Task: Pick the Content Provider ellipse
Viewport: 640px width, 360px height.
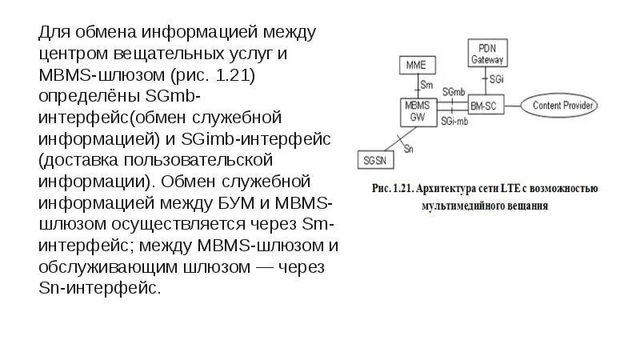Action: tap(560, 105)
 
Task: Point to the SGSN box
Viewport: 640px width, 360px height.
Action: tap(374, 160)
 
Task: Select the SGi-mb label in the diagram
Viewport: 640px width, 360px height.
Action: tap(454, 120)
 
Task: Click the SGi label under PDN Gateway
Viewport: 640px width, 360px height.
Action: tap(497, 80)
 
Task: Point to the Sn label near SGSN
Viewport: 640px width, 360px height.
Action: tap(409, 149)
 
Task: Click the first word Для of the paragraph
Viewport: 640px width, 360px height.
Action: tap(55, 34)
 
